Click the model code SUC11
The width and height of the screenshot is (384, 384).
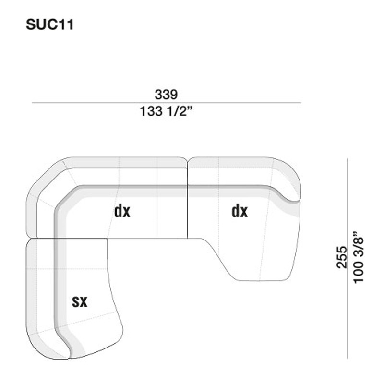click(x=50, y=25)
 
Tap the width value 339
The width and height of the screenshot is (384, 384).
click(x=166, y=94)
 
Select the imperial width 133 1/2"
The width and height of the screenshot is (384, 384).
click(x=166, y=111)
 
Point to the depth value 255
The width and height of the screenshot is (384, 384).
click(x=342, y=257)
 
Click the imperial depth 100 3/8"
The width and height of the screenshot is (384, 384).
click(x=358, y=257)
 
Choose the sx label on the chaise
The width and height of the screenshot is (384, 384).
click(x=80, y=301)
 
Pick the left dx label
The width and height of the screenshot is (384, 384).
click(x=122, y=211)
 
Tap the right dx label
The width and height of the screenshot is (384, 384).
click(x=240, y=211)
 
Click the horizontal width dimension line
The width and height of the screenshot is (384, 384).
click(x=167, y=103)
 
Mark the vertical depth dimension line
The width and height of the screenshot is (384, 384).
click(x=348, y=259)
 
